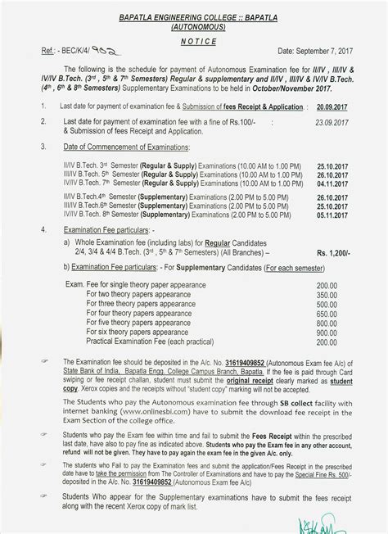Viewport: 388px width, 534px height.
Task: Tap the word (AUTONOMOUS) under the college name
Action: pos(190,26)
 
